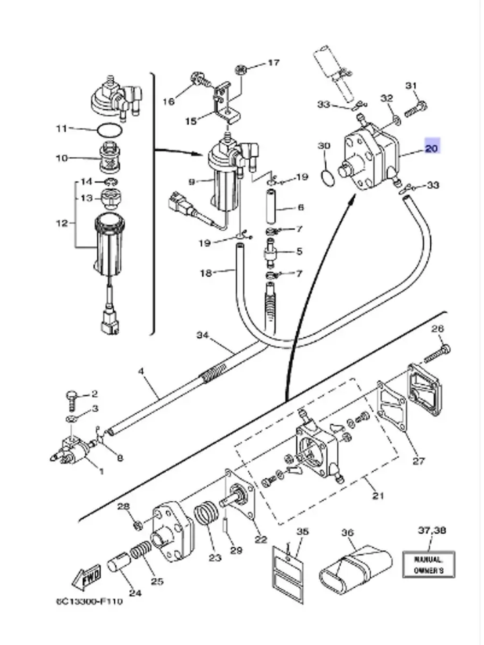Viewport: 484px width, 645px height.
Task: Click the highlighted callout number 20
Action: pyautogui.click(x=431, y=147)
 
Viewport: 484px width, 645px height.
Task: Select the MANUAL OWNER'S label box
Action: pyautogui.click(x=428, y=564)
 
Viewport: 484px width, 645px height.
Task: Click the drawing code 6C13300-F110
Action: pyautogui.click(x=89, y=601)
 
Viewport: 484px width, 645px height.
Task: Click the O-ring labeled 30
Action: pyautogui.click(x=327, y=178)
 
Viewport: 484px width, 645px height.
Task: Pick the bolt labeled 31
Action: pyautogui.click(x=416, y=108)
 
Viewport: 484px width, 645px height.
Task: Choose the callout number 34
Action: pyautogui.click(x=202, y=335)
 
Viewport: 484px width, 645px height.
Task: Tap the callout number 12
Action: pyautogui.click(x=62, y=223)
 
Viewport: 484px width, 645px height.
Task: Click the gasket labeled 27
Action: pyautogui.click(x=392, y=404)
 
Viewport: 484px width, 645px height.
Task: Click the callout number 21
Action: pyautogui.click(x=378, y=495)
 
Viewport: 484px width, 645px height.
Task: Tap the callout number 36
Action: pyautogui.click(x=348, y=533)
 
